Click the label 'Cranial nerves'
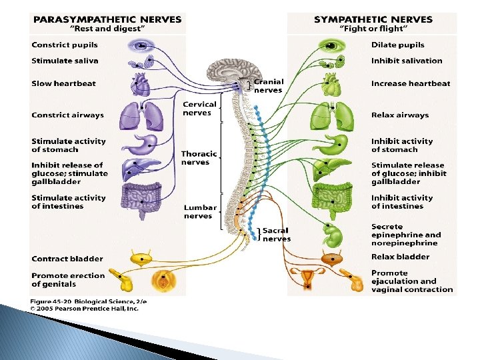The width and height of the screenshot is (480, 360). click(x=268, y=86)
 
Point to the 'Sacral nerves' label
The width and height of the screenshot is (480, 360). click(x=276, y=235)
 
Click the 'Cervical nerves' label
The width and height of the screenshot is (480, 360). click(x=199, y=108)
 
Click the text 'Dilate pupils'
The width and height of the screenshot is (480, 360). click(x=398, y=45)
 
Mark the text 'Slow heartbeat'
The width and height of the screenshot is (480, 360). click(x=63, y=83)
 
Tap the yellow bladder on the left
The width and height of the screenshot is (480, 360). click(x=141, y=259)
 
